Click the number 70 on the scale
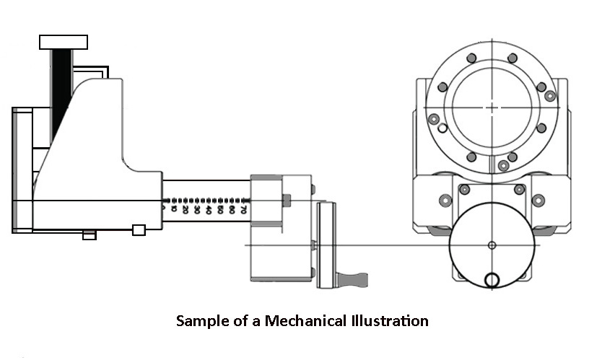[243, 210]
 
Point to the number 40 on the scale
[209, 210]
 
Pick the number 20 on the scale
[186, 210]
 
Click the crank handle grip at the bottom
[354, 278]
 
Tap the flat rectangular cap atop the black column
[64, 42]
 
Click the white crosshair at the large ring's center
[491, 108]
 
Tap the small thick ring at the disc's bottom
[492, 280]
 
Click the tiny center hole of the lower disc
[492, 245]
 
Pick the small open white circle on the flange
[442, 128]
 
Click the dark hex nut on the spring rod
[287, 200]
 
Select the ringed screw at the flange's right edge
[549, 95]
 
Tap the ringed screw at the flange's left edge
[434, 120]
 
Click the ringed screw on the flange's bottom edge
[503, 166]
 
